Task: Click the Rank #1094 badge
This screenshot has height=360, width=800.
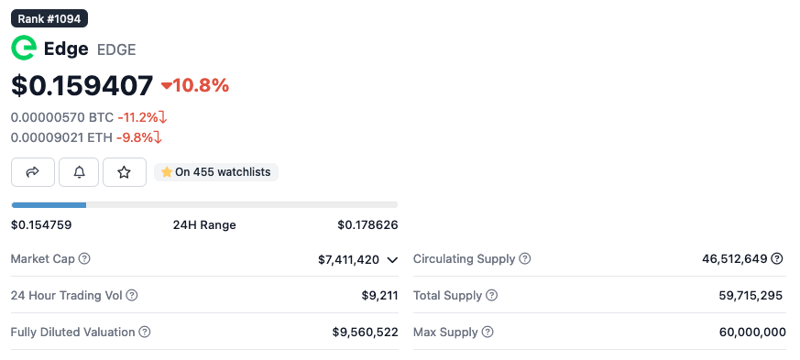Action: [49, 17]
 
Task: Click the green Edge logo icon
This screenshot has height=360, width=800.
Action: [23, 49]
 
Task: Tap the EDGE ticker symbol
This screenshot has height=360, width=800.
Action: [116, 49]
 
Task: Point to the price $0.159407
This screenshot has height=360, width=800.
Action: [82, 85]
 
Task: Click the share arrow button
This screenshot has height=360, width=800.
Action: [33, 172]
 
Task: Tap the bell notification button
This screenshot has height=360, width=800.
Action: [79, 172]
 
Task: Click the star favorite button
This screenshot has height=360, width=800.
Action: [125, 172]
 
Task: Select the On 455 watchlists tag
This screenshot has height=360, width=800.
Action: [216, 172]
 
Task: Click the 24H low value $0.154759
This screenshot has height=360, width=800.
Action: [41, 224]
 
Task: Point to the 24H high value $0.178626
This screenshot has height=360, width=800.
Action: [367, 224]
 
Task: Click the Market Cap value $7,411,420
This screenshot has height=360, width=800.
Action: [348, 259]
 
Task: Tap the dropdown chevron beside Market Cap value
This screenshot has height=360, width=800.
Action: [392, 260]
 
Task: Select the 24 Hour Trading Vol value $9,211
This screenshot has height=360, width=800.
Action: [379, 295]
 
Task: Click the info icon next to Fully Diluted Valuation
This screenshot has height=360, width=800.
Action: [145, 332]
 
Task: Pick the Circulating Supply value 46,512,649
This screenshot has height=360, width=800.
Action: [734, 259]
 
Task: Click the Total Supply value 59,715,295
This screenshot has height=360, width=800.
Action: [751, 295]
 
